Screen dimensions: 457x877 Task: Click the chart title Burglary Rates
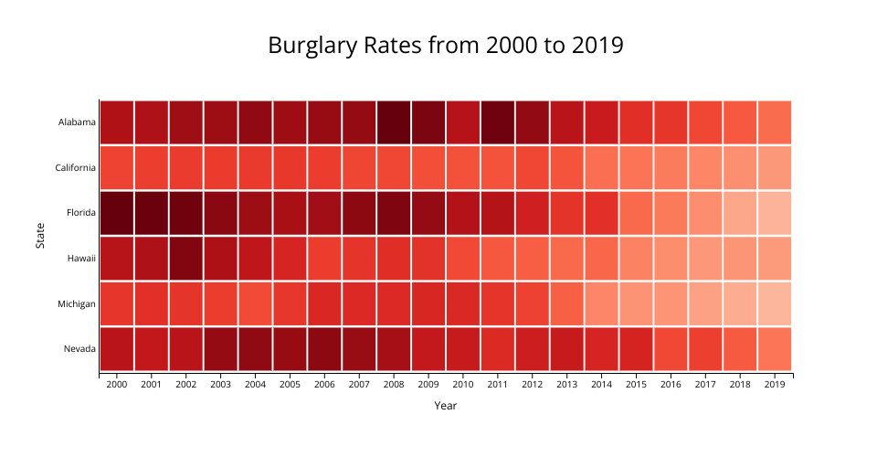446,45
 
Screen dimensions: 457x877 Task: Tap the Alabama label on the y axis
77,122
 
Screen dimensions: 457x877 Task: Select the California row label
74,168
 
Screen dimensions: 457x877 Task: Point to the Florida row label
80,213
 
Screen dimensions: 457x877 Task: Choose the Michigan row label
77,303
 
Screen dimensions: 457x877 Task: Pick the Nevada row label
79,349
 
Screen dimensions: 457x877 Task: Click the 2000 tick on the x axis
117,385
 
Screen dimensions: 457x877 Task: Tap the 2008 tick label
394,385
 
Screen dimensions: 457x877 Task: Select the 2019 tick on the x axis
774,385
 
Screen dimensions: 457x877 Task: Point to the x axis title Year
446,406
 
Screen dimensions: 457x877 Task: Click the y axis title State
40,236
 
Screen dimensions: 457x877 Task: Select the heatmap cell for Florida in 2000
117,213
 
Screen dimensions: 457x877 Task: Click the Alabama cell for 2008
394,122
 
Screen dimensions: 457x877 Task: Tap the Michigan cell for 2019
774,303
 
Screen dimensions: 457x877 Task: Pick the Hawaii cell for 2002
186,259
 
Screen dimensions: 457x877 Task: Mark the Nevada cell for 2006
324,349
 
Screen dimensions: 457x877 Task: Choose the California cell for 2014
601,168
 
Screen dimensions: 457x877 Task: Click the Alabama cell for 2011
497,122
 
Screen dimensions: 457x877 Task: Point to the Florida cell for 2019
774,213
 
